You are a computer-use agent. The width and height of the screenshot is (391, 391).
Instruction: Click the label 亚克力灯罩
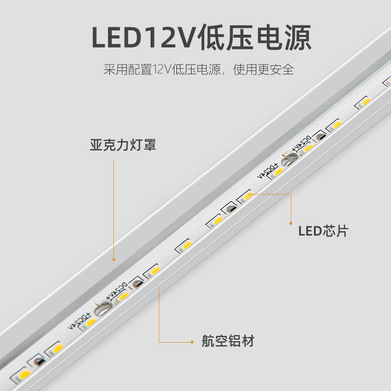(x=123, y=145)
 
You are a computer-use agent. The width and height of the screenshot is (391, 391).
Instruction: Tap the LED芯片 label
(x=323, y=230)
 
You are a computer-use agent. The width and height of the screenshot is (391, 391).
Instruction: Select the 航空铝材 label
(x=228, y=341)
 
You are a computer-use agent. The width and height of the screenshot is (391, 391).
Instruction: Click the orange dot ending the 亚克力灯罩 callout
(x=114, y=260)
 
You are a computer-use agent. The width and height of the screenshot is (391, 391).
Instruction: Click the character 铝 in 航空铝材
(x=235, y=341)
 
